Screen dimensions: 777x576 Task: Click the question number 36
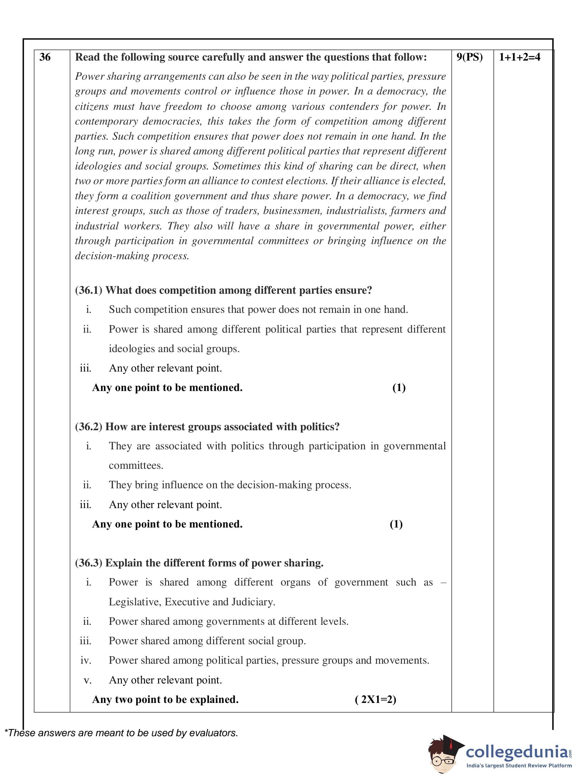point(45,57)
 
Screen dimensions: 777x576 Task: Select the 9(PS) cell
point(469,57)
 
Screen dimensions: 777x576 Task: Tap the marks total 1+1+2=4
point(520,57)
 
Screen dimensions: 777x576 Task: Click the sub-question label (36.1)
point(88,291)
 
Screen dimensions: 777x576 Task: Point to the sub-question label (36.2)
point(88,427)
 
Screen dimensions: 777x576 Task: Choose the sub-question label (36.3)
point(88,563)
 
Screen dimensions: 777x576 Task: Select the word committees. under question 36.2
point(136,466)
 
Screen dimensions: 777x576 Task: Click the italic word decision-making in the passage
point(112,256)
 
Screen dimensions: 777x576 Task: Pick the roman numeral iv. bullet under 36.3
point(86,661)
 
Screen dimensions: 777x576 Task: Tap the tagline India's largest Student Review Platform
point(519,766)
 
